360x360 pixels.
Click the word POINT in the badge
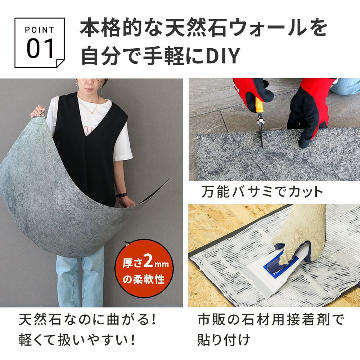40,30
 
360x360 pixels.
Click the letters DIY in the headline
223,56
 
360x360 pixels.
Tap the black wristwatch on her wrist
121,195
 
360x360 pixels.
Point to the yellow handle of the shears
259,105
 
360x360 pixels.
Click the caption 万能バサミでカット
262,192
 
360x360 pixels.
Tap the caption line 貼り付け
224,340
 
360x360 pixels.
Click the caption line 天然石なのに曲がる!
87,320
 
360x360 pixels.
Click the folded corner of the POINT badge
60,63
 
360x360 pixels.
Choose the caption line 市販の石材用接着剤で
271,320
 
